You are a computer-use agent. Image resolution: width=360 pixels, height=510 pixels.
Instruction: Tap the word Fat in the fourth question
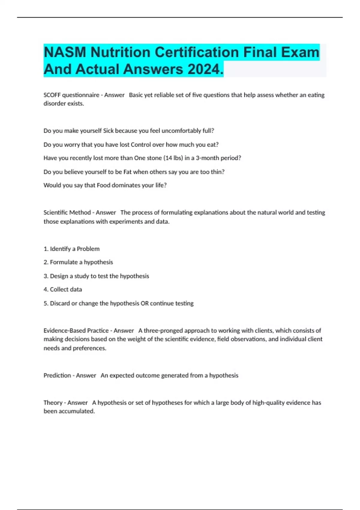point(127,172)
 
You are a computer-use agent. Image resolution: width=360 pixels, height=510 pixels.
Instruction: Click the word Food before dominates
point(103,185)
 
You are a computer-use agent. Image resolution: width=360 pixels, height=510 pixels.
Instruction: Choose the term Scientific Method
point(67,213)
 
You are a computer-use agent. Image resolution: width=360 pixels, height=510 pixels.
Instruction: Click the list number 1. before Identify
point(46,249)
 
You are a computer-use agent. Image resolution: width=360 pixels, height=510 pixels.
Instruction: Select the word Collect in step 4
point(59,289)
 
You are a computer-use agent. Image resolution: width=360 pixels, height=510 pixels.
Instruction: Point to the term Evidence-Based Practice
point(76,331)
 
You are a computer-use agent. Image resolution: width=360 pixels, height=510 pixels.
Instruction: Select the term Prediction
point(57,376)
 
